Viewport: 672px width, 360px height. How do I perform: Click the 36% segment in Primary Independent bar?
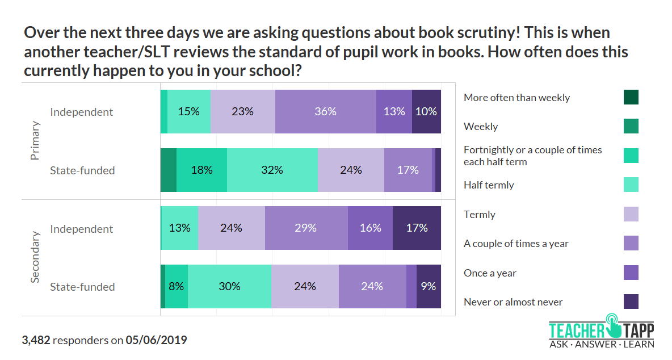click(x=325, y=112)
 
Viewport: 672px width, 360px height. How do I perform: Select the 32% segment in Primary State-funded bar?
click(x=272, y=170)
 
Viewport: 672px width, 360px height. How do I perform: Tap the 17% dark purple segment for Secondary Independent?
click(x=417, y=228)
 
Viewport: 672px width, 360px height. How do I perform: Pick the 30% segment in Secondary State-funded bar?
click(x=229, y=287)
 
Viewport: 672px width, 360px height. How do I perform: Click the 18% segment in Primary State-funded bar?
click(x=201, y=170)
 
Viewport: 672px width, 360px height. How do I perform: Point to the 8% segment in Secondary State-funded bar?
click(x=177, y=287)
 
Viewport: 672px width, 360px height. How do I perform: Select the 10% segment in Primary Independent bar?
click(x=426, y=112)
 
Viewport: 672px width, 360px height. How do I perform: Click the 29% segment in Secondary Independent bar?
click(x=306, y=228)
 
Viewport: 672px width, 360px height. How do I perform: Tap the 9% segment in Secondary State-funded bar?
click(x=429, y=287)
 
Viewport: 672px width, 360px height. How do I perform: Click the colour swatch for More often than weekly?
click(x=631, y=97)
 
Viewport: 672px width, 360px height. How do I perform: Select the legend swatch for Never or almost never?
click(x=631, y=302)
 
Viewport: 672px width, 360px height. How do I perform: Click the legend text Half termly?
click(x=488, y=185)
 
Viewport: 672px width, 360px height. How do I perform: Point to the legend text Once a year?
click(x=490, y=273)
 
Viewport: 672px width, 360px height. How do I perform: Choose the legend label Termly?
click(x=480, y=214)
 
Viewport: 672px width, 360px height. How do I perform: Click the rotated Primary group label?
click(x=35, y=141)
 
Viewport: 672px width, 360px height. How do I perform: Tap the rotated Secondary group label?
click(x=35, y=257)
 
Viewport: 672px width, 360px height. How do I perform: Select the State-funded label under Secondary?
click(x=82, y=287)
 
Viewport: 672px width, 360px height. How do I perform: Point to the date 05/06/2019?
click(x=156, y=340)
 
